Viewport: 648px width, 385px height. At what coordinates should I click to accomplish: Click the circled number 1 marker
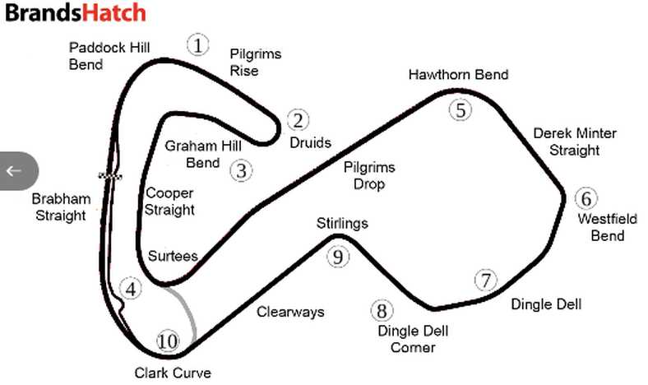coord(197,44)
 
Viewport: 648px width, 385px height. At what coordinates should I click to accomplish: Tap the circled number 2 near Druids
coord(297,121)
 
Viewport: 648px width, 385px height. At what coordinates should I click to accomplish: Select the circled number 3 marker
coord(241,170)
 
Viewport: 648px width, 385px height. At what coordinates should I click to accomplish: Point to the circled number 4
coord(130,289)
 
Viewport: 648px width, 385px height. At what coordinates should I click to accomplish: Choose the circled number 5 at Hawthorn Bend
coord(461,109)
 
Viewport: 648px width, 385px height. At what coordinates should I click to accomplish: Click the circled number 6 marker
coord(586,198)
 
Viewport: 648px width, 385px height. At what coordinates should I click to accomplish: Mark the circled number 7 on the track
coord(487,280)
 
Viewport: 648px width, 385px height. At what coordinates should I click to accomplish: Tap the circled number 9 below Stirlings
coord(337,257)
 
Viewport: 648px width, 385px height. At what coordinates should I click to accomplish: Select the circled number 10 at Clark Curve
coord(167,341)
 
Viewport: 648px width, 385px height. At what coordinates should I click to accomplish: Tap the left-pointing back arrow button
coord(15,171)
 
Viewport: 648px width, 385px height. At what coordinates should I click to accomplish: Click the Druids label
coord(310,142)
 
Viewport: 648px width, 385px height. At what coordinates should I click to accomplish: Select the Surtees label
coord(172,256)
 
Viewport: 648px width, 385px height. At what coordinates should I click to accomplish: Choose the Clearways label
coord(290,312)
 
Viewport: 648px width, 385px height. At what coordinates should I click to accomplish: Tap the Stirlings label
coord(342,223)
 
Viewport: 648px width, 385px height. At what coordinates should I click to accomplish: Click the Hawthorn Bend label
coord(458,75)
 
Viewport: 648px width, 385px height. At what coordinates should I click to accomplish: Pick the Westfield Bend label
coord(600,228)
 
